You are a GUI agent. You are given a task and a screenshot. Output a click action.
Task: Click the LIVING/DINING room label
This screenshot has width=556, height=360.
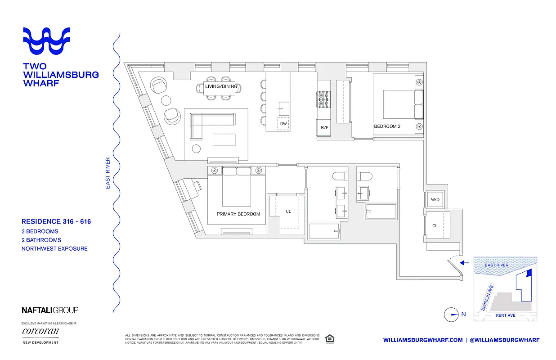click(221, 86)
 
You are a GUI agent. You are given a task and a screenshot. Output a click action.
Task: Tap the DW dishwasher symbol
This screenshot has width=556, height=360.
click(283, 124)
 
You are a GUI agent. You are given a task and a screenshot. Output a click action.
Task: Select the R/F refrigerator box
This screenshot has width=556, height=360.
click(324, 127)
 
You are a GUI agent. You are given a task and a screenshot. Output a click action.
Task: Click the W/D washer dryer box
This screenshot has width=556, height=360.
click(435, 199)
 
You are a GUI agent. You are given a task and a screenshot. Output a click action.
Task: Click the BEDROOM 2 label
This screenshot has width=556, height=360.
click(387, 126)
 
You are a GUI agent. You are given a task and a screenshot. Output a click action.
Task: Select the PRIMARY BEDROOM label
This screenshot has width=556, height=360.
click(238, 214)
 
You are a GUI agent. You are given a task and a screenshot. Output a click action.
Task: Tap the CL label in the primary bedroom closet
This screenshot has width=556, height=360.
click(288, 211)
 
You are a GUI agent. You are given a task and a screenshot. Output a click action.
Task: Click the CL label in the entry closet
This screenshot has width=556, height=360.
click(435, 226)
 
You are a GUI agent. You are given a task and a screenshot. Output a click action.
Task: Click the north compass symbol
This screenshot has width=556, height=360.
click(451, 315)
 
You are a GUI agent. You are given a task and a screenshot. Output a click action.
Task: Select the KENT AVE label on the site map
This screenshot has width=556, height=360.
click(505, 315)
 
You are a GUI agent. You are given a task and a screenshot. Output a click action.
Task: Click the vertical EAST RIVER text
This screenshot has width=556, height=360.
click(108, 173)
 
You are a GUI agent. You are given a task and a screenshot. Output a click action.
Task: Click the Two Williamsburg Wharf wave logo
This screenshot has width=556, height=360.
click(46, 42)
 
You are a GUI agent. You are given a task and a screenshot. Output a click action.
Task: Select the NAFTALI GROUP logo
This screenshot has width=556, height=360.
click(50, 310)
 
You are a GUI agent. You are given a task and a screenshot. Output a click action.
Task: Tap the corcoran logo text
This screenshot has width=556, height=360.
click(40, 332)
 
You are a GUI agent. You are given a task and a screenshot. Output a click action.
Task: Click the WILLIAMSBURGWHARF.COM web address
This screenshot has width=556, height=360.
click(423, 340)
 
